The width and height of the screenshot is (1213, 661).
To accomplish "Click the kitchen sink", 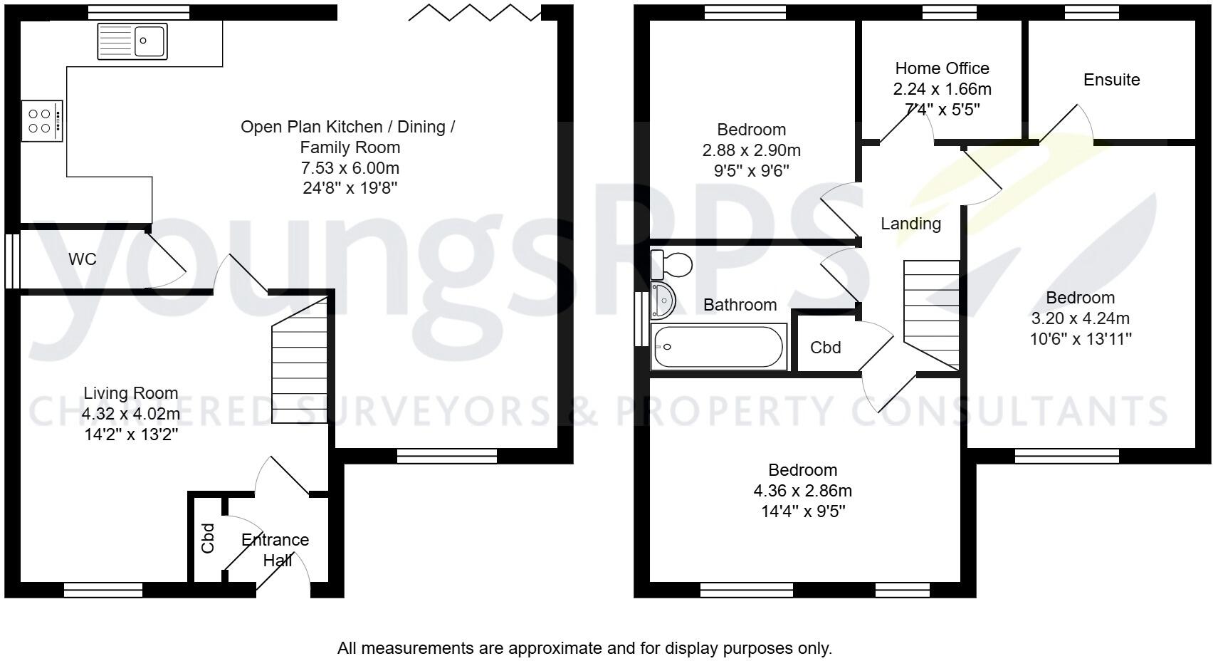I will click(132, 41).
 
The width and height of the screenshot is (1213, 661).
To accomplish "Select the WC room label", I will click(83, 259).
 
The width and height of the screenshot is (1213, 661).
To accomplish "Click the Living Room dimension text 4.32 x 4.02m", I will click(130, 414).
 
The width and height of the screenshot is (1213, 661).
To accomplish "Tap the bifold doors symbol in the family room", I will click(474, 12).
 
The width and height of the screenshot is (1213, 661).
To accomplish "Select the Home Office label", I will click(942, 68).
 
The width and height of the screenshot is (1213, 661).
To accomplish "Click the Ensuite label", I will click(1111, 80).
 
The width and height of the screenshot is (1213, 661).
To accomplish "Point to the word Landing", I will click(910, 224).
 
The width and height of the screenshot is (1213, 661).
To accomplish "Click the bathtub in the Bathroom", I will click(719, 347).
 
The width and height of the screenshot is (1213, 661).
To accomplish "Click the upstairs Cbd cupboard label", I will click(826, 348).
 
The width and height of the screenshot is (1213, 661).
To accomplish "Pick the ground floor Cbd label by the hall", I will click(208, 538).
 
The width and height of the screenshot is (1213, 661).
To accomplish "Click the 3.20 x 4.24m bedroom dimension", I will click(1080, 318).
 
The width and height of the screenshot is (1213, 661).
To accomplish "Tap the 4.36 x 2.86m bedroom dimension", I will click(802, 491).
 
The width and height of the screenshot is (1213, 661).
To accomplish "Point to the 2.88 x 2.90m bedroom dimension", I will click(751, 150).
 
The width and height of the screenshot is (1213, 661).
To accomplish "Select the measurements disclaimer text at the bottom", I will click(584, 648).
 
